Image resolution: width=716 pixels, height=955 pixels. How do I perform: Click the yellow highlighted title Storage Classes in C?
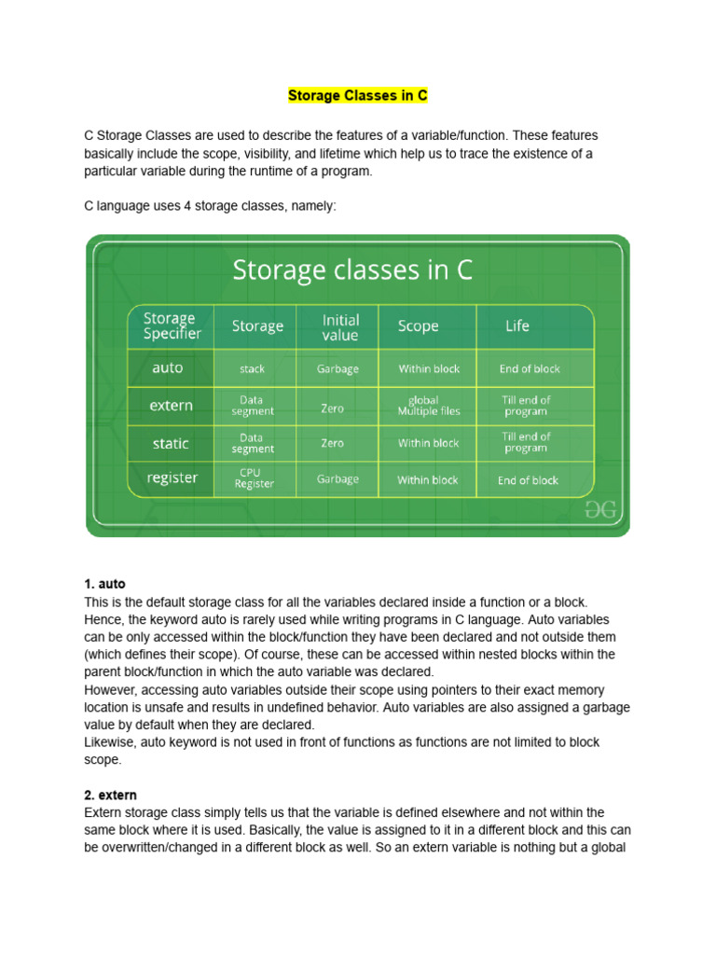tap(357, 96)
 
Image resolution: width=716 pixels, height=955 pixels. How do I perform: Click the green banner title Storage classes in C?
tap(352, 270)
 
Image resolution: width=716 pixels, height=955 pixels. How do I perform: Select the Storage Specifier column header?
tap(172, 325)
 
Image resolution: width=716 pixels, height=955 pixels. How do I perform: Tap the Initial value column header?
tap(339, 326)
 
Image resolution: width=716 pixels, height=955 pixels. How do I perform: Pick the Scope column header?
tap(418, 325)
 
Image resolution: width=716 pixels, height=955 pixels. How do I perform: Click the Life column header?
tap(517, 325)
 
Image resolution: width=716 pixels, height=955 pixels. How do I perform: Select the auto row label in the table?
tap(168, 368)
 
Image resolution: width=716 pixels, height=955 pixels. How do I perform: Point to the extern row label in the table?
tap(172, 406)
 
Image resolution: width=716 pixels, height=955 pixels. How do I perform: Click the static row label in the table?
tap(171, 443)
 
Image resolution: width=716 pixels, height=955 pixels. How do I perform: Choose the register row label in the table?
tap(172, 478)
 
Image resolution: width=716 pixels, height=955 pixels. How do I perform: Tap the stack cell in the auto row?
tap(252, 369)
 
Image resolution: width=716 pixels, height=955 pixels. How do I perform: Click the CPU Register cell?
tap(255, 478)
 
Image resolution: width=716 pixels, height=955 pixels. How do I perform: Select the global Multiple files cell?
tap(429, 406)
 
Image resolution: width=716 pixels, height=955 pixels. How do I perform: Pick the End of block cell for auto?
tap(530, 369)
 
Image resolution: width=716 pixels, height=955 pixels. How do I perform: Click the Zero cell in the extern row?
tap(333, 408)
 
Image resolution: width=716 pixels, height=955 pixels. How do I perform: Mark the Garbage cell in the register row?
tap(337, 479)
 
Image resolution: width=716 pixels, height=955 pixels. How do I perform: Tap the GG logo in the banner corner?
tap(601, 509)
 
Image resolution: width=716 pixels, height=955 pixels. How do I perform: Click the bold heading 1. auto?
tap(104, 584)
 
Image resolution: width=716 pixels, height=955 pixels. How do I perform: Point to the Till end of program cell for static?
tap(527, 442)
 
